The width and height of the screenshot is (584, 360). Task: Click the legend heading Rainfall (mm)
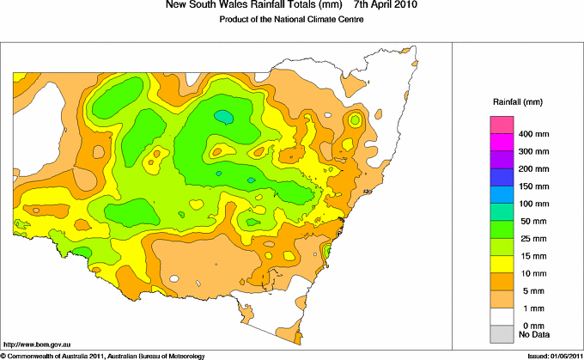(x=517, y=102)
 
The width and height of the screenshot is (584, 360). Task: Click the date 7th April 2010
(x=380, y=6)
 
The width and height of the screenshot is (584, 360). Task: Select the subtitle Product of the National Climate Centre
(x=290, y=20)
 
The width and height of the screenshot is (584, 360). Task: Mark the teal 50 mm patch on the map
(x=223, y=116)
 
